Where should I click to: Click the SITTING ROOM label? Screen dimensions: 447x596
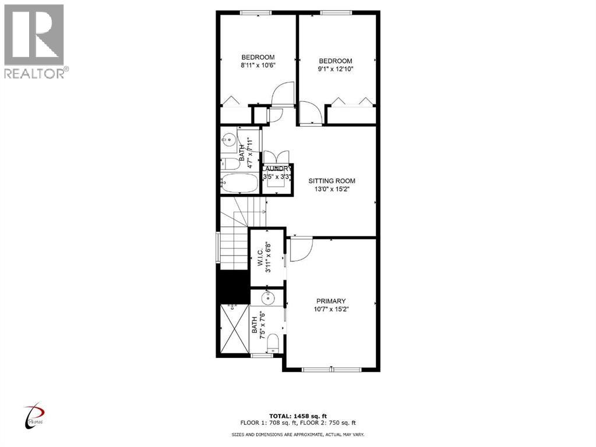331,181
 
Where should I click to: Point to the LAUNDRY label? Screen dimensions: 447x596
277,169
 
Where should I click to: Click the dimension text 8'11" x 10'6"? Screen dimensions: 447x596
258,65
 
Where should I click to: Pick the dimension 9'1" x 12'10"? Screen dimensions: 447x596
336,69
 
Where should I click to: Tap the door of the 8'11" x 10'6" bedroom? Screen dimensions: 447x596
283,93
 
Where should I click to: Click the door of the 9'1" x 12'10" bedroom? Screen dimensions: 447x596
309,113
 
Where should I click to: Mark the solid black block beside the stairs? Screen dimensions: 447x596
233,287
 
